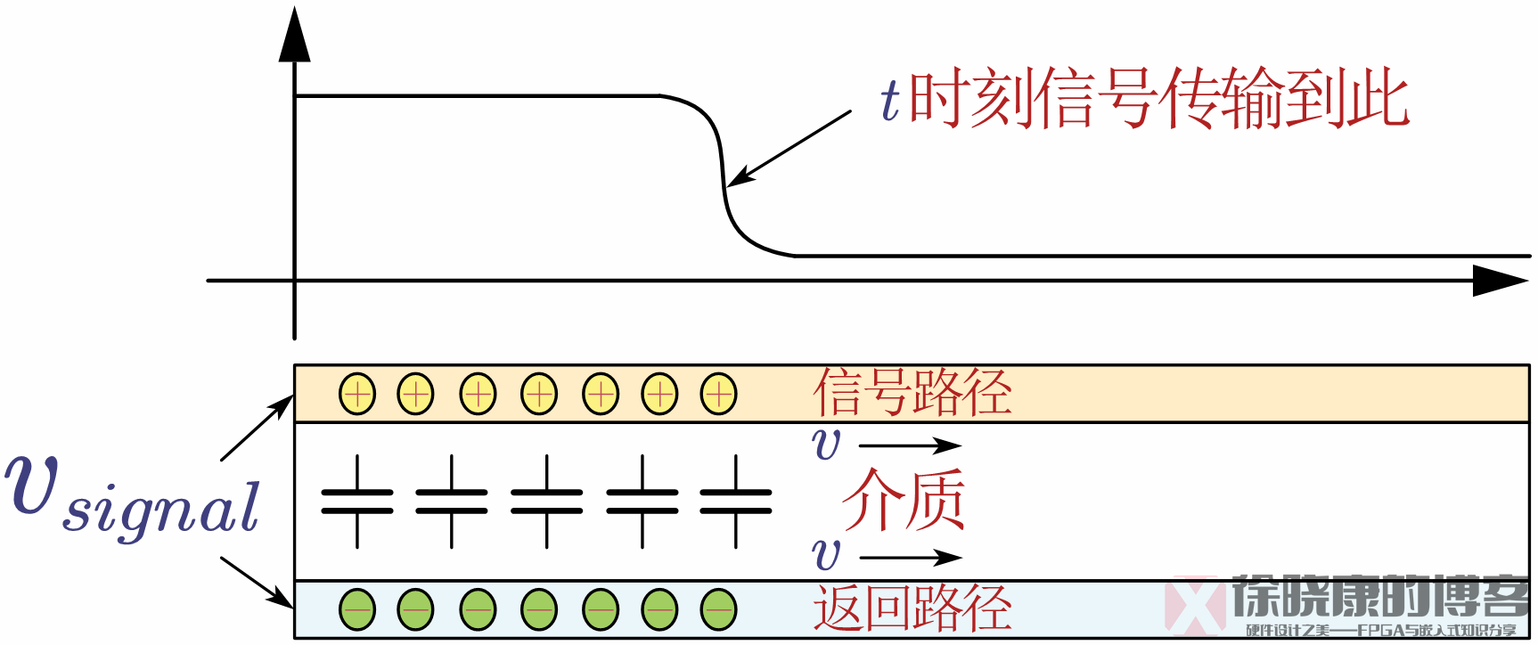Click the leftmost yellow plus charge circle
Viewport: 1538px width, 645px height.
(x=357, y=393)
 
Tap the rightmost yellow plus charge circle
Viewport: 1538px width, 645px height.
(x=718, y=393)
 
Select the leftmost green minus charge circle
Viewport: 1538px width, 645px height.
(x=357, y=609)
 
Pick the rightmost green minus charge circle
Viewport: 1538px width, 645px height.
(x=718, y=609)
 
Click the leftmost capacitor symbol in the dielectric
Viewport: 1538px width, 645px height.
(x=357, y=502)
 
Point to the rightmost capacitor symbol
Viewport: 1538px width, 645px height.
(x=736, y=502)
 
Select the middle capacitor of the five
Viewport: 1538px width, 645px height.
(x=546, y=502)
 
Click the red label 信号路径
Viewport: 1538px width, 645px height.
(x=912, y=393)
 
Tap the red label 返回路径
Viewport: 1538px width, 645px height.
(x=912, y=609)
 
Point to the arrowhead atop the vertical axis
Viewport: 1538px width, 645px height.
(x=294, y=36)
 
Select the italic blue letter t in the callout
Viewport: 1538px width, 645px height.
(x=890, y=100)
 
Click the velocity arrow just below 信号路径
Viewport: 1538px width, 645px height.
(x=909, y=445)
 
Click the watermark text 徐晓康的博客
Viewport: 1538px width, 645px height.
(x=1380, y=596)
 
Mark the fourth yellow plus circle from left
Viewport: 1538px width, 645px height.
(x=539, y=393)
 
